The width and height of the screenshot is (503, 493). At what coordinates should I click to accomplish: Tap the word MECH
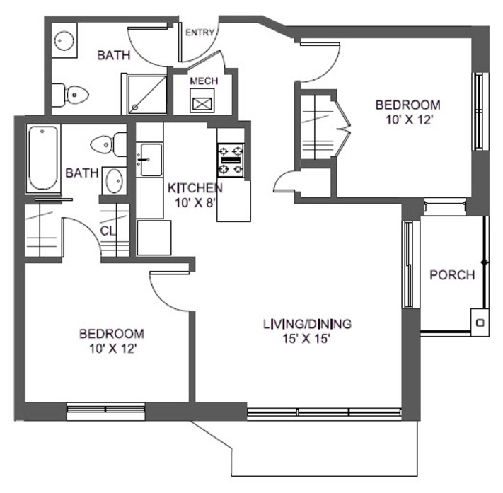(203, 81)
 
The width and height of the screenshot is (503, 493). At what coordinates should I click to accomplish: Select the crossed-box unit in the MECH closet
(203, 103)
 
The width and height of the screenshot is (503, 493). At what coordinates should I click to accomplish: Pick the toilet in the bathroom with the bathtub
(106, 145)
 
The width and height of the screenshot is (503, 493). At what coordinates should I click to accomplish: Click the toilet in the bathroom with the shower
(70, 93)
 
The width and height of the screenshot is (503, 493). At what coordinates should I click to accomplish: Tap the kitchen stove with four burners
(231, 160)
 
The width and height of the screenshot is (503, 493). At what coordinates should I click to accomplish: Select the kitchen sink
(149, 160)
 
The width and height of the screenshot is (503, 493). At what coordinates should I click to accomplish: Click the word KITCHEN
(195, 188)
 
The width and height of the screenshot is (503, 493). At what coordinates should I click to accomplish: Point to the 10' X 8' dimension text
(195, 203)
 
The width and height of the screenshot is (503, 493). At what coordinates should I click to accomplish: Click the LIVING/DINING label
(307, 324)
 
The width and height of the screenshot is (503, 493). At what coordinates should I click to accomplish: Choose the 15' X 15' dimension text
(307, 339)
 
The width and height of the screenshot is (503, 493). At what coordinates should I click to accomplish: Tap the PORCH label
(452, 275)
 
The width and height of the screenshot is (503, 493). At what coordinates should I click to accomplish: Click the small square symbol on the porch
(480, 323)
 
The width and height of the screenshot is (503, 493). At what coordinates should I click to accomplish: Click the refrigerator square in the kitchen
(154, 237)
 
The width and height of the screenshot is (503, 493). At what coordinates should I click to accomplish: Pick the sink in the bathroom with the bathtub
(112, 181)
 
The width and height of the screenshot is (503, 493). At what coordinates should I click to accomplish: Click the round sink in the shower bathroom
(65, 40)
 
